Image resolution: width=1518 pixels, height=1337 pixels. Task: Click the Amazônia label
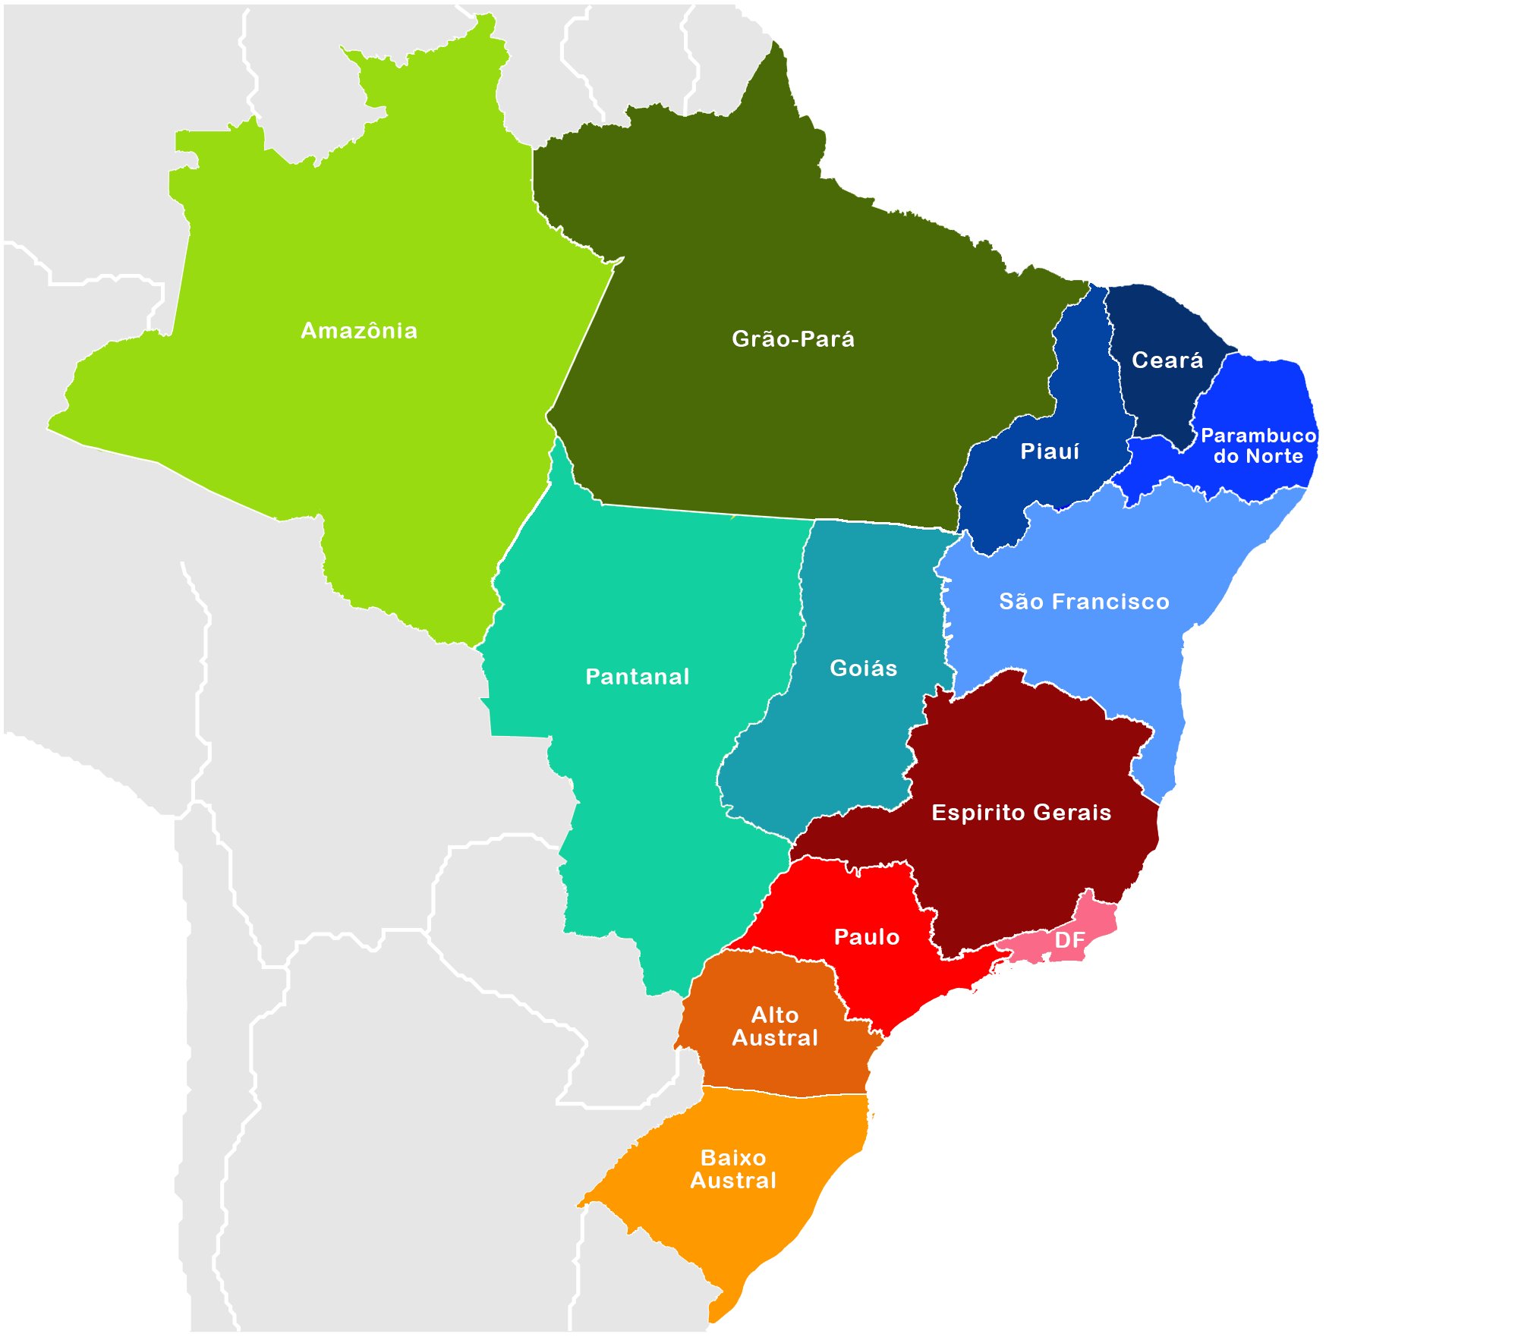click(x=359, y=331)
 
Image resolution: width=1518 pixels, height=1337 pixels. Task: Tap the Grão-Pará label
click(x=793, y=339)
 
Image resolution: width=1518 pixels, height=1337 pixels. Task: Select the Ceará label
click(x=1167, y=360)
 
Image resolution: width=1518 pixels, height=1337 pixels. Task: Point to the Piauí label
click(x=1050, y=451)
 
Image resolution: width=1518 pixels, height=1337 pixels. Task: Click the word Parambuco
click(x=1258, y=436)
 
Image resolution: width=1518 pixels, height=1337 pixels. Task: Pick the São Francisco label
click(x=1084, y=602)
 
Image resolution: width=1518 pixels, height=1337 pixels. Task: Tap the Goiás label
click(x=864, y=668)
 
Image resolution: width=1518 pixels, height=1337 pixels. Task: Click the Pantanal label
click(x=638, y=677)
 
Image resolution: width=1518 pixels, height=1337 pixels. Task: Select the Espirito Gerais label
click(x=1022, y=813)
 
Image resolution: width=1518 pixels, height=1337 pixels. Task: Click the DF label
click(x=1070, y=941)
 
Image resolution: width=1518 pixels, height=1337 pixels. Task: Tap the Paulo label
click(x=867, y=937)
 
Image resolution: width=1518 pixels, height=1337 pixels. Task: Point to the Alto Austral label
click(x=775, y=1027)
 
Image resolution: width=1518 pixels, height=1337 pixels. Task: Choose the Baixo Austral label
click(x=733, y=1169)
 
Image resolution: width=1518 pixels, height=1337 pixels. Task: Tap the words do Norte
click(x=1258, y=457)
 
